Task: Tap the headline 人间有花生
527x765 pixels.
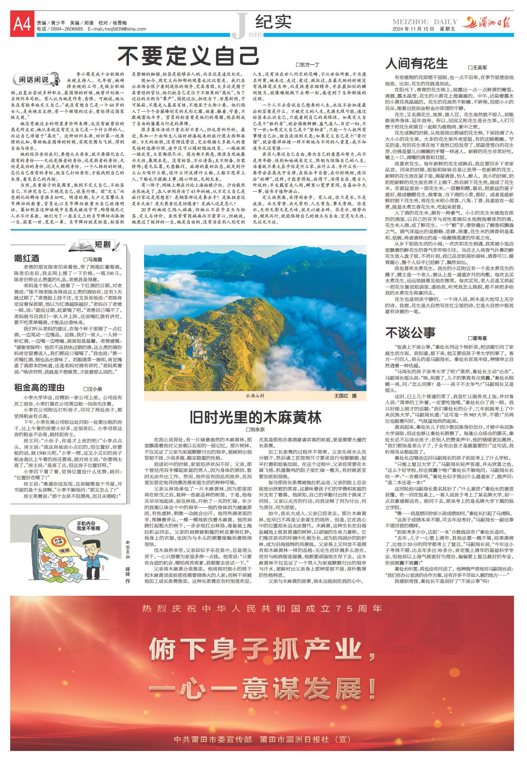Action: click(x=416, y=64)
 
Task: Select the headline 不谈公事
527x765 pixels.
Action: click(x=410, y=332)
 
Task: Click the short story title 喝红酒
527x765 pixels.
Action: click(x=27, y=258)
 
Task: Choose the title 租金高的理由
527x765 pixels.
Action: click(x=39, y=388)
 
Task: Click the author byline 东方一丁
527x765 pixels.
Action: click(x=308, y=65)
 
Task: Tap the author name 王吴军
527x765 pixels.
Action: click(x=477, y=67)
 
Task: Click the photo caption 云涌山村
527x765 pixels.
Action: click(x=255, y=396)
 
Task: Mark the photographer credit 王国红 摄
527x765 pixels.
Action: click(x=345, y=396)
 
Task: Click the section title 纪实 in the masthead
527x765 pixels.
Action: click(x=273, y=22)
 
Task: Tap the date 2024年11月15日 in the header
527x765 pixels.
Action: click(x=414, y=29)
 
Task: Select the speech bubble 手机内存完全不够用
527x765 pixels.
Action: click(x=89, y=526)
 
